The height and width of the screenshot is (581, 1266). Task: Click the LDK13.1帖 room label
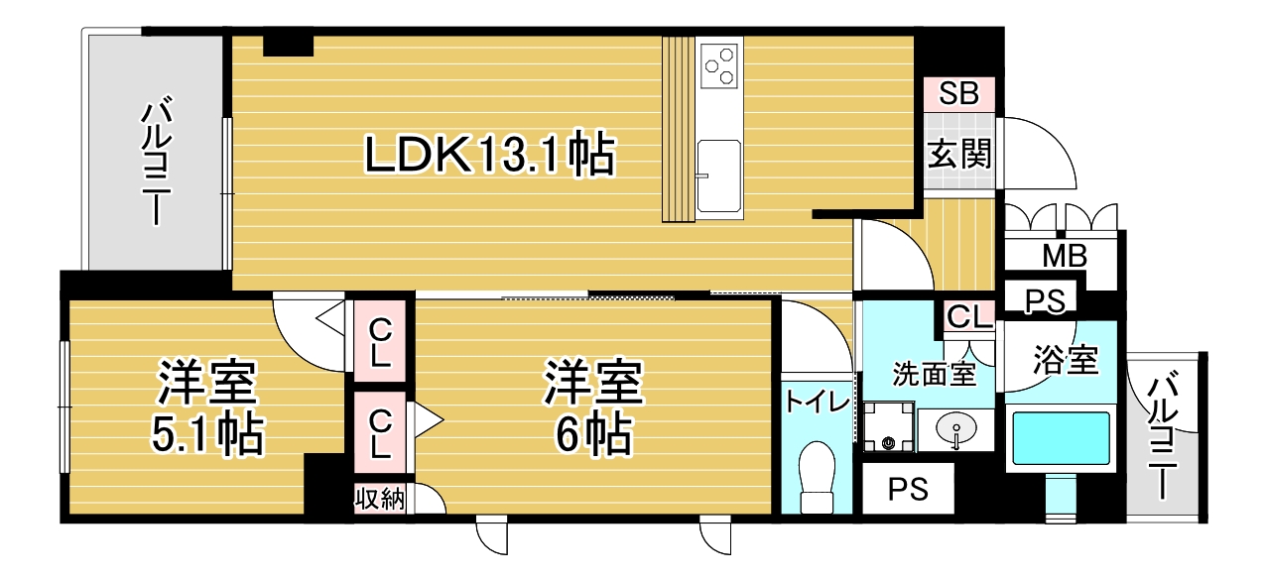tap(490, 154)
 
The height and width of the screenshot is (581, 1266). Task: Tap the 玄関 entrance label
tap(959, 153)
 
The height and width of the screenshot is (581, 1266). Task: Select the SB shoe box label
tap(958, 93)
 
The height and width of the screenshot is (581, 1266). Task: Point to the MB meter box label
tap(1065, 256)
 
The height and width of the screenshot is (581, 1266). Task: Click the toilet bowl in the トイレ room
tap(818, 477)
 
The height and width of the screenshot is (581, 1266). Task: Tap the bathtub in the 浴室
tap(1061, 438)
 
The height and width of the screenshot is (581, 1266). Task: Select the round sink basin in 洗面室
tap(955, 428)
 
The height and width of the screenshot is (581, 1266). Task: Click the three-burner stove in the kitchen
tap(719, 66)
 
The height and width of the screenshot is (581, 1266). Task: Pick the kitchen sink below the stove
tap(719, 175)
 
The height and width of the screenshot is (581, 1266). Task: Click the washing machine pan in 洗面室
tap(888, 426)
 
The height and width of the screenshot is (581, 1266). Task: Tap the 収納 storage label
tap(380, 499)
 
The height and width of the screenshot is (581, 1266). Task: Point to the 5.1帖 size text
tap(207, 435)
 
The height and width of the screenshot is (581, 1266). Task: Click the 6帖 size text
tap(593, 435)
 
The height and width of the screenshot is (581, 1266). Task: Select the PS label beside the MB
tap(1045, 300)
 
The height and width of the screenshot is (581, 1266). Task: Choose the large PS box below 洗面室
tap(908, 489)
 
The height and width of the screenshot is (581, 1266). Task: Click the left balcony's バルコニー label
tap(156, 164)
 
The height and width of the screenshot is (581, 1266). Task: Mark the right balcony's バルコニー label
tap(1162, 435)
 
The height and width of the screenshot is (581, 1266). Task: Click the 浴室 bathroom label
tap(1066, 359)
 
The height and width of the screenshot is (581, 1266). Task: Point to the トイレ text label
tap(818, 402)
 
